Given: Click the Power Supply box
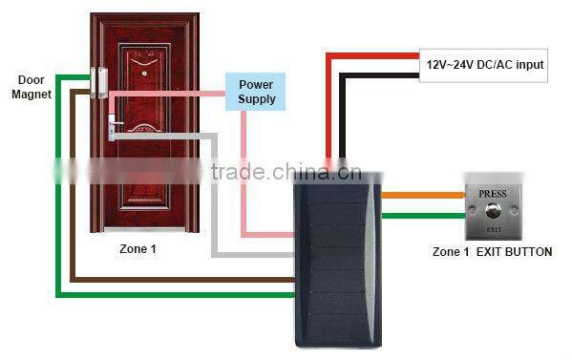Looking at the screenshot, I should pyautogui.click(x=257, y=92).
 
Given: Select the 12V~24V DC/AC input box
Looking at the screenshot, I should pyautogui.click(x=485, y=64).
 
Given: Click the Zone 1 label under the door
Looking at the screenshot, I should pyautogui.click(x=138, y=248).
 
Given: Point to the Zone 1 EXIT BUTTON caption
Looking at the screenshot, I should pyautogui.click(x=492, y=252).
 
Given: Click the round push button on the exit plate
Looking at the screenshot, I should pyautogui.click(x=493, y=209).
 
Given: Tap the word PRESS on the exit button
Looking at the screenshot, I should pyautogui.click(x=493, y=191).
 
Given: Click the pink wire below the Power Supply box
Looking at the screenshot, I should pyautogui.click(x=244, y=172).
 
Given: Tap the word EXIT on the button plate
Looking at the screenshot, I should pyautogui.click(x=493, y=230).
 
